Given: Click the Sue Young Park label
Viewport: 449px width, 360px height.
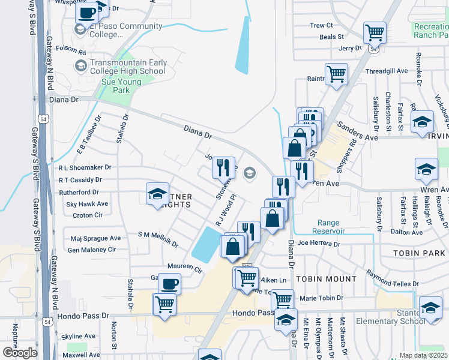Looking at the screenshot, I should [x=116, y=86].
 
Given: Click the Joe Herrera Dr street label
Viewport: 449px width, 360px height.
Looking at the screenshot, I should [x=319, y=244].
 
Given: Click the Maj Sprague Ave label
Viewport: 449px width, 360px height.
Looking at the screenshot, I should [x=95, y=238].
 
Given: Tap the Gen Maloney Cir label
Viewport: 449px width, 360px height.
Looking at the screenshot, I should [x=91, y=250].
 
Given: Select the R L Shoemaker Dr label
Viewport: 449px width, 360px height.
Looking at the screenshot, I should [x=85, y=168].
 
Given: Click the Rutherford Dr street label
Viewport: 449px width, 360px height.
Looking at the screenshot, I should [x=79, y=192].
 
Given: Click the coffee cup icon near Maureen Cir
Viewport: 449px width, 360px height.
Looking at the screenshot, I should [x=169, y=283].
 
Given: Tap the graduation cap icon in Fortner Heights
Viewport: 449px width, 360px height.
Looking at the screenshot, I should [x=157, y=194].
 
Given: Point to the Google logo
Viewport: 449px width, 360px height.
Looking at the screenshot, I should [x=20, y=352].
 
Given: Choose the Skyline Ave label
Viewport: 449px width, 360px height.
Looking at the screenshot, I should [x=79, y=336].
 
